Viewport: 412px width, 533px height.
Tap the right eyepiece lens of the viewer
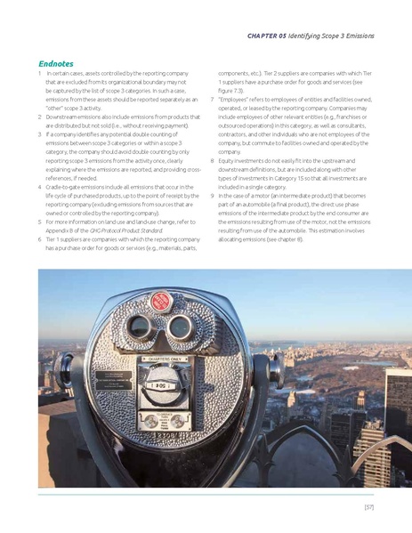[x=181, y=327]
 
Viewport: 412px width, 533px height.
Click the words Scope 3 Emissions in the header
[x=342, y=36]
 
